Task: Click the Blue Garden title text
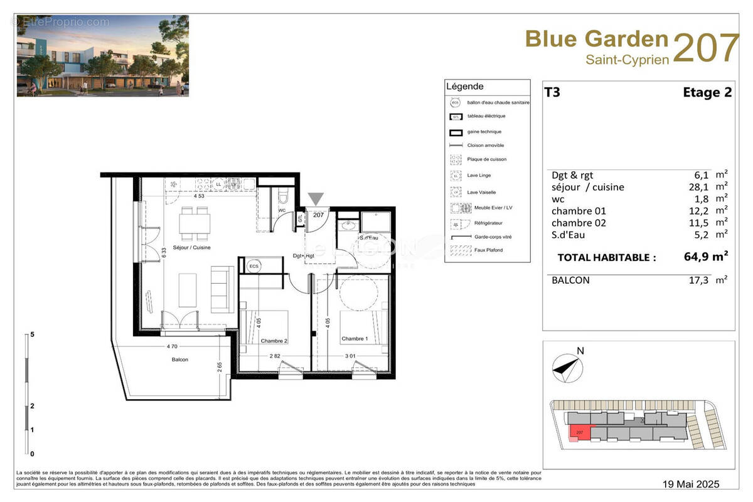coord(596,39)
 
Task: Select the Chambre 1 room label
coord(355,339)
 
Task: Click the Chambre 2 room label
coord(274,341)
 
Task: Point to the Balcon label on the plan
coord(180,360)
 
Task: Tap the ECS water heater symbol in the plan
coord(254,266)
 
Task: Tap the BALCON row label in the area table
coord(570,280)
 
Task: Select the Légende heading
coord(464,87)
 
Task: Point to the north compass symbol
coord(567,366)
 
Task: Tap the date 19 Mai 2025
coord(691,484)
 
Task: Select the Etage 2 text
coord(707,93)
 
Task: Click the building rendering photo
coord(102,56)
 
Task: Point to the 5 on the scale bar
coord(32,335)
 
